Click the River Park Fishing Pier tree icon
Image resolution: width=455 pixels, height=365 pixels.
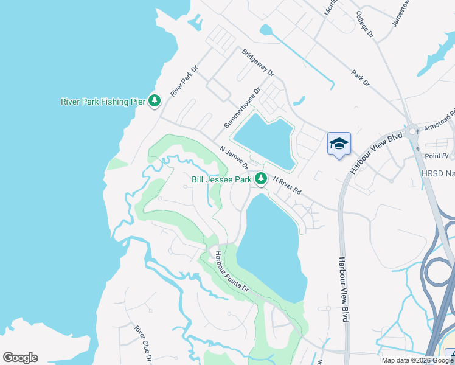(x=155, y=101)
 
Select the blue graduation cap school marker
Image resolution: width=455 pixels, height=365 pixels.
(x=339, y=144)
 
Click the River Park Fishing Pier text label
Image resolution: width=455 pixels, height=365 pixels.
(x=103, y=102)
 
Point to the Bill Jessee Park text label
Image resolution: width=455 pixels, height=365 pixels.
(x=221, y=179)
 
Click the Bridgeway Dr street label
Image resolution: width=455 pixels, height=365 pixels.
(x=259, y=63)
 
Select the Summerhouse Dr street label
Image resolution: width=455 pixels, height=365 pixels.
(x=241, y=107)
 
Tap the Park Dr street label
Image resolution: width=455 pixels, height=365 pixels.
(x=360, y=78)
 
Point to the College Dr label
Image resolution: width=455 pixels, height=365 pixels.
(x=364, y=24)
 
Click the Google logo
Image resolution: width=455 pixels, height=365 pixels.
(x=20, y=358)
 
